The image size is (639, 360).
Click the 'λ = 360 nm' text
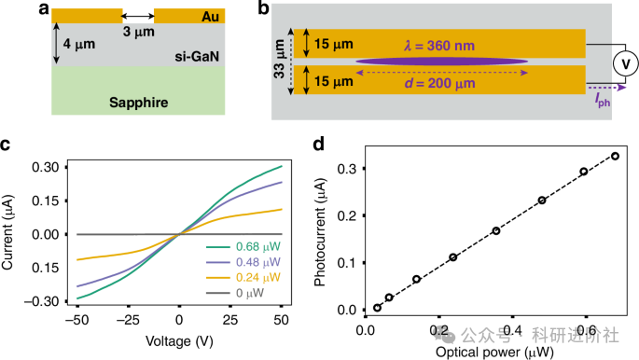(438, 43)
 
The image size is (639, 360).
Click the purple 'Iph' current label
(604, 98)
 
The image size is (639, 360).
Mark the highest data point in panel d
(615, 156)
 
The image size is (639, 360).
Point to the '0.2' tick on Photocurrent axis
(346, 215)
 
